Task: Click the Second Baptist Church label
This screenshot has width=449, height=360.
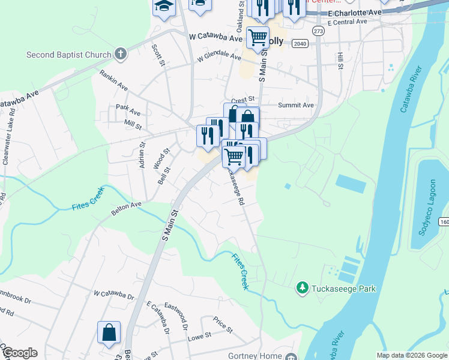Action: coord(69,55)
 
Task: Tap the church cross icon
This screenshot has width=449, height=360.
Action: coord(121,55)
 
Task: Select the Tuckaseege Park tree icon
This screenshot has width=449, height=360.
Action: coord(303,289)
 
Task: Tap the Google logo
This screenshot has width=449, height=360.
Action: coord(19,353)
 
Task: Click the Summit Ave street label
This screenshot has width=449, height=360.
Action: coord(296,105)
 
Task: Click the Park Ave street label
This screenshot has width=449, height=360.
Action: coord(128,112)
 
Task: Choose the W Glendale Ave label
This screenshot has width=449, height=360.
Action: coord(219,59)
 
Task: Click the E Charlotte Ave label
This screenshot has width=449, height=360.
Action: coord(355,13)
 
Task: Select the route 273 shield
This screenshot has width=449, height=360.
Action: coord(318,31)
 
